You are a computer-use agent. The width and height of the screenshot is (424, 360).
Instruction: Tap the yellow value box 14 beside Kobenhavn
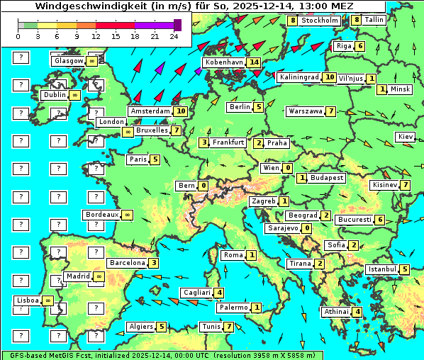(254, 62)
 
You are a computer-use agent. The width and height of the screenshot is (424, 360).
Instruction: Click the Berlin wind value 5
(259, 107)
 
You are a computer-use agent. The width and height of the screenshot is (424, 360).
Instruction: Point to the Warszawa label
(306, 111)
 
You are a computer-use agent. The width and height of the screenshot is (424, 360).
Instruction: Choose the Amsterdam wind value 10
(181, 111)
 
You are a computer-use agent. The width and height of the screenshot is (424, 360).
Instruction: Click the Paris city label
(138, 159)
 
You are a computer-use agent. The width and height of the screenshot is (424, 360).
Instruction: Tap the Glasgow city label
(68, 61)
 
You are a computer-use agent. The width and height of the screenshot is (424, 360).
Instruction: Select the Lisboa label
(28, 300)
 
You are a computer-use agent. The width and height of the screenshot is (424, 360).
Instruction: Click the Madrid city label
(77, 276)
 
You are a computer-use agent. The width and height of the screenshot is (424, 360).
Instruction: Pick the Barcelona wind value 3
(154, 262)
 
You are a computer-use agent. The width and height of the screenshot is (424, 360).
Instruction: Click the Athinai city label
(336, 312)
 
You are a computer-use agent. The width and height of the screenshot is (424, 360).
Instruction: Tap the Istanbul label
(382, 269)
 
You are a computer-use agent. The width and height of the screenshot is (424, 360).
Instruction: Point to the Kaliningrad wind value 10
(329, 77)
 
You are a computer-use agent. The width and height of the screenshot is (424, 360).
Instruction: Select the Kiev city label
(406, 136)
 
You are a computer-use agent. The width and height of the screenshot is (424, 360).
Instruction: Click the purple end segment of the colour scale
(177, 25)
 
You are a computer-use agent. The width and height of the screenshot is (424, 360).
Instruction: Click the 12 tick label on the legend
(96, 36)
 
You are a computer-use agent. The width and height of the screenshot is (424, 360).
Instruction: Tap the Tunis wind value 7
(228, 327)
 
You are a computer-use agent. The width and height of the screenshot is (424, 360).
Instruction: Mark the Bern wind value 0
(203, 186)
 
